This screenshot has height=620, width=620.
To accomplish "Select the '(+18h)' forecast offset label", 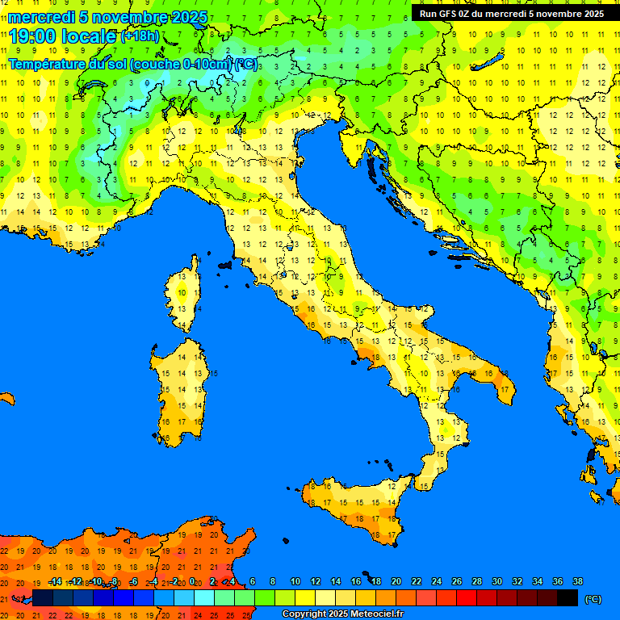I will [x=140, y=36].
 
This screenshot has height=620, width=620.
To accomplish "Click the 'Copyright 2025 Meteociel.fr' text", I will [x=342, y=614].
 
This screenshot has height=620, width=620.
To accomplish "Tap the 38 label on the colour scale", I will [x=578, y=581].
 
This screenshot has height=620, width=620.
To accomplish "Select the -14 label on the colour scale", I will [x=55, y=581].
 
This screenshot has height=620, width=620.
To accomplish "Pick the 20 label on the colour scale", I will [x=396, y=581].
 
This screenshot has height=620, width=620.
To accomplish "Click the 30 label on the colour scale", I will [x=497, y=581].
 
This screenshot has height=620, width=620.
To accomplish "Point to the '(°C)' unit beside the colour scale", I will [x=593, y=599].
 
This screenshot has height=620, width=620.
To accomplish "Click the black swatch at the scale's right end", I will [x=568, y=597].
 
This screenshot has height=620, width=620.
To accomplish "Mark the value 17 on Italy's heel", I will [x=505, y=389].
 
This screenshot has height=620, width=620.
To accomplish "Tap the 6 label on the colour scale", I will [x=253, y=581].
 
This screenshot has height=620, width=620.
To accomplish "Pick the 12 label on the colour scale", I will [x=316, y=581].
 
